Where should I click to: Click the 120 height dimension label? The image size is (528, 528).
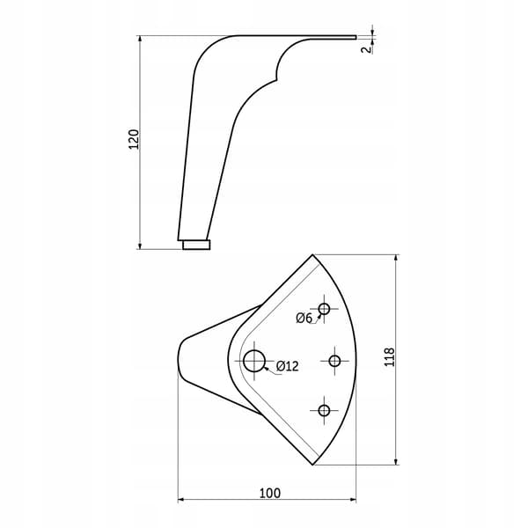click(x=134, y=139)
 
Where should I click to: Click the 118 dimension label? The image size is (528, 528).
click(x=389, y=357)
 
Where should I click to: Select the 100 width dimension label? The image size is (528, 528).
click(x=270, y=494)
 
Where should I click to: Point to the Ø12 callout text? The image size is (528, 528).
click(x=287, y=366)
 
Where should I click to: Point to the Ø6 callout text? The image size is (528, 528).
click(x=304, y=318)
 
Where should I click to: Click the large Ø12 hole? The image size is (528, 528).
click(x=254, y=361)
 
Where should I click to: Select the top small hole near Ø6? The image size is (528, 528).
click(x=324, y=309)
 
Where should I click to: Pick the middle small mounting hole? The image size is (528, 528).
click(x=334, y=361)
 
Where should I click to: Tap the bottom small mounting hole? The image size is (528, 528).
click(x=324, y=410)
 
